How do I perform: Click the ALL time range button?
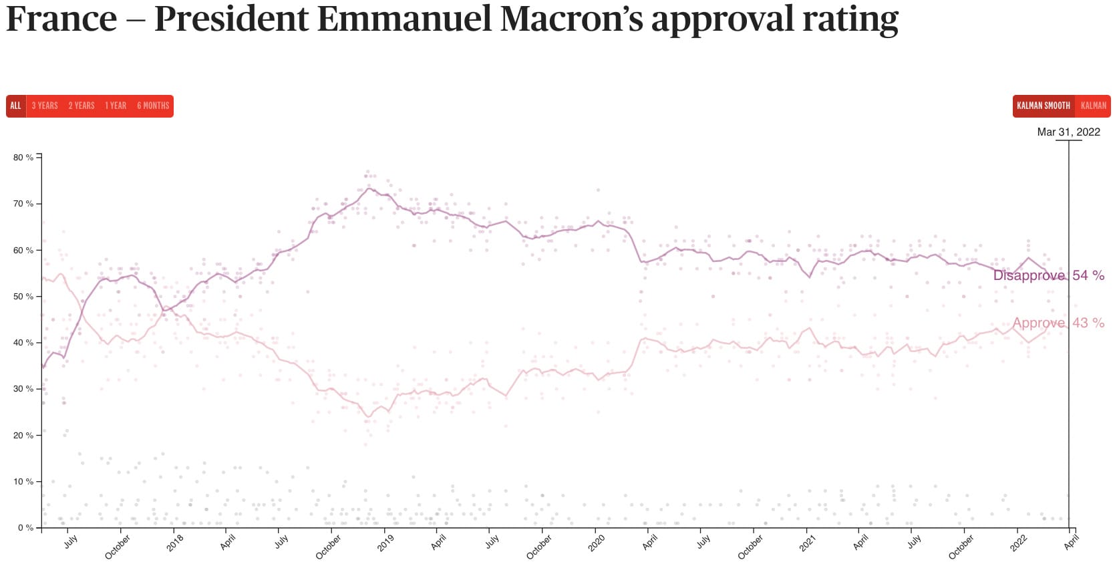coord(15,106)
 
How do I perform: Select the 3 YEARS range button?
coord(45,106)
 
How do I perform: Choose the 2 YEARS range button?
coord(82,106)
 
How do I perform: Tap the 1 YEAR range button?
coord(116,106)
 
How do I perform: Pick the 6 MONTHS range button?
coord(153,106)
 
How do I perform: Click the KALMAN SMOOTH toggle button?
coord(1043,106)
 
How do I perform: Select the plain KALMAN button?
coord(1093,106)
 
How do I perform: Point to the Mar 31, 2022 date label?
coord(1068,132)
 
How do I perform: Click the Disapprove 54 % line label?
coord(1048,275)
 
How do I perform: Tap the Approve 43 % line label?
coord(1058,323)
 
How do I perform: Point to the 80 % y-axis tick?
coord(23,158)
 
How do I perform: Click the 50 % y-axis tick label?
coord(23,297)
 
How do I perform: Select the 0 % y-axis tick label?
coord(25,528)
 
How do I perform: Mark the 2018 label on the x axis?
coord(175,543)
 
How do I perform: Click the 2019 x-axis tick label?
coord(385,543)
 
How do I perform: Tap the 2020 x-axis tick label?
coord(597,543)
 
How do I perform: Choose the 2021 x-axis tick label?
coord(808,543)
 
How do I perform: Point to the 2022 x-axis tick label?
coord(1019,543)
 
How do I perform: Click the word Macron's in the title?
coord(571,19)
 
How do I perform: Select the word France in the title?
coord(61,19)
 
